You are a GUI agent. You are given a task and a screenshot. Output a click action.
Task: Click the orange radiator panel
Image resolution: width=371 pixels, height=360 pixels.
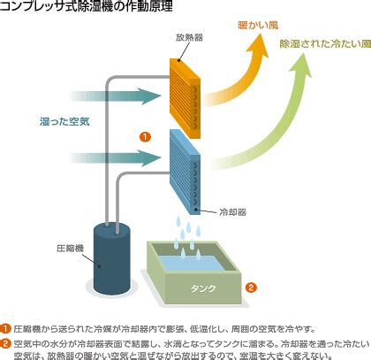[x=185, y=98]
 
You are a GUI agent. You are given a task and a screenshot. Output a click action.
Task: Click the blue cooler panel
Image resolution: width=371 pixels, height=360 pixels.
[x=185, y=172]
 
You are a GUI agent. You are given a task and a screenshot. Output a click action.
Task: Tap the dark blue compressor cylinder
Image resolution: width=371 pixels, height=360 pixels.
[x=112, y=259]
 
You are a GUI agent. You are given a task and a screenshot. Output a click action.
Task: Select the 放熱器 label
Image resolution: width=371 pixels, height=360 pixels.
[x=189, y=38]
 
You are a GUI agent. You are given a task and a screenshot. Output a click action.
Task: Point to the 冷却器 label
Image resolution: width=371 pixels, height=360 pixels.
[x=233, y=212]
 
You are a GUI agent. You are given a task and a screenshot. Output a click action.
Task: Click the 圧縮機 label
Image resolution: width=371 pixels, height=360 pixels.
[x=70, y=249]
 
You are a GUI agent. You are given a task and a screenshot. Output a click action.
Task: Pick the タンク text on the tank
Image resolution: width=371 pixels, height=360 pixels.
[x=203, y=288]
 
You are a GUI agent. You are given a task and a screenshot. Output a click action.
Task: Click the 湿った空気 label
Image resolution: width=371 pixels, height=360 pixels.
[x=64, y=121]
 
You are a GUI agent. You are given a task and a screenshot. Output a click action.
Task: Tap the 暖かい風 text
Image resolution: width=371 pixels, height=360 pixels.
[x=258, y=26]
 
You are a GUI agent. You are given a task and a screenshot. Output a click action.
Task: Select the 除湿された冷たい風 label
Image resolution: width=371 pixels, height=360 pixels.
[x=325, y=44]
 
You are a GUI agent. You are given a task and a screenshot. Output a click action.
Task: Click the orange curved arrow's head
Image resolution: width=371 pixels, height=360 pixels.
[x=258, y=47]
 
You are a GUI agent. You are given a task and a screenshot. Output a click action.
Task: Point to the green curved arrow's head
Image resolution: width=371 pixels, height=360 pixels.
[x=300, y=66]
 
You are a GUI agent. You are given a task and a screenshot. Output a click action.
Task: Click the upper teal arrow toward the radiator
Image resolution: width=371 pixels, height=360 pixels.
[x=115, y=96]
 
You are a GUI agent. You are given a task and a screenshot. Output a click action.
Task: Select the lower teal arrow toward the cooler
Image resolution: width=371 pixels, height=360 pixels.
[x=115, y=158]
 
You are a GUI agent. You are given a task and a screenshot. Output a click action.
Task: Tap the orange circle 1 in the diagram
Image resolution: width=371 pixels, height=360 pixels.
[x=145, y=137]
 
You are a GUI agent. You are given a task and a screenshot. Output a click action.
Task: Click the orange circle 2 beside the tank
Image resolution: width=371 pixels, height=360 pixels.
[x=251, y=287]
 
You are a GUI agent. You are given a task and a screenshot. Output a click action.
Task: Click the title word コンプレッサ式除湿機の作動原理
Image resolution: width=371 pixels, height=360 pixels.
[x=87, y=6]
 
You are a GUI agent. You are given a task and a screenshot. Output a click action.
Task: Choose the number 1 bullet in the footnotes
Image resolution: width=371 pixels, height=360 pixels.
[x=5, y=329]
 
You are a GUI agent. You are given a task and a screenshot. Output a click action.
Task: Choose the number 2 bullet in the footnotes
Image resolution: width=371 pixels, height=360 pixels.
[x=5, y=344]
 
